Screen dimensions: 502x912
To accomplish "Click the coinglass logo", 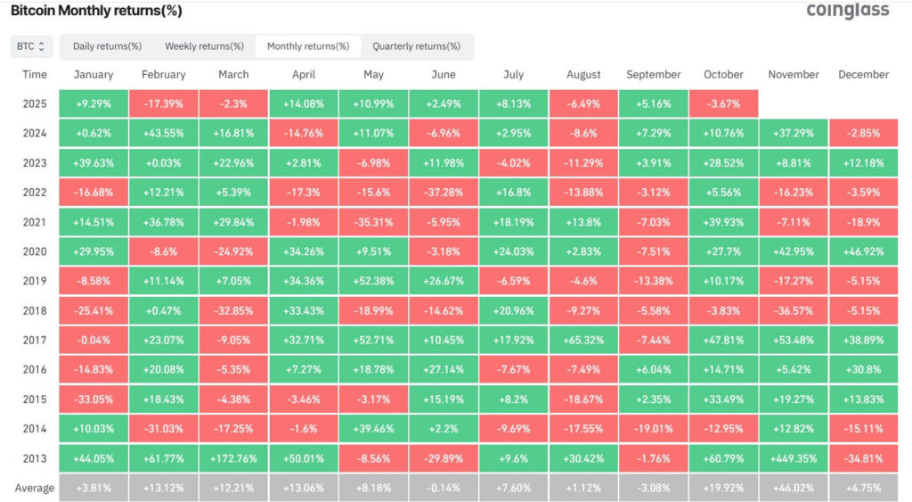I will (x=847, y=11).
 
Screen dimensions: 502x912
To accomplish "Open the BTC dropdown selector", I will (x=32, y=45).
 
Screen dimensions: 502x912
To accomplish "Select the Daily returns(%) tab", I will (x=107, y=45).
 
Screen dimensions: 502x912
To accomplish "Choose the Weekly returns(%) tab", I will (x=204, y=45).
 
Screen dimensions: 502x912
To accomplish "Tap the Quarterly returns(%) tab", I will (x=416, y=45).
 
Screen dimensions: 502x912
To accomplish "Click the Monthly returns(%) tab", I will (x=308, y=45).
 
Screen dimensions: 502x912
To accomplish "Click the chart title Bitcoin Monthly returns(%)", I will (x=95, y=11).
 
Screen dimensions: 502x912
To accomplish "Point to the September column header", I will (x=653, y=75).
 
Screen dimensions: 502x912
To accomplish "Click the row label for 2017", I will (x=35, y=340).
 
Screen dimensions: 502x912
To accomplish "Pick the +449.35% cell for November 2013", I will (x=793, y=457).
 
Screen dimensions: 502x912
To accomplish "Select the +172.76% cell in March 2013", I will (x=233, y=457).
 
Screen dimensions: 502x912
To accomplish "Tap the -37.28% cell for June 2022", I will (x=444, y=192).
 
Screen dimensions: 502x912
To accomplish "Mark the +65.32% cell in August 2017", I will (x=583, y=340).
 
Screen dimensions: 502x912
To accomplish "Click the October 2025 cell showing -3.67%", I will (x=723, y=103).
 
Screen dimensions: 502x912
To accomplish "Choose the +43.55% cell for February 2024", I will (x=163, y=133).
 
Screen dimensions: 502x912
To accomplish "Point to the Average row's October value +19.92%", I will (x=723, y=488).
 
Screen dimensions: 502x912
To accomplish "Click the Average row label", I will (x=35, y=488).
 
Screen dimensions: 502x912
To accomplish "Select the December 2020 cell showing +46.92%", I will (x=863, y=251).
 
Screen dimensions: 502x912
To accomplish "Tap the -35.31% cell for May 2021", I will (x=373, y=221).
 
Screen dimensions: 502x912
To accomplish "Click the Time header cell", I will (x=35, y=75).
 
